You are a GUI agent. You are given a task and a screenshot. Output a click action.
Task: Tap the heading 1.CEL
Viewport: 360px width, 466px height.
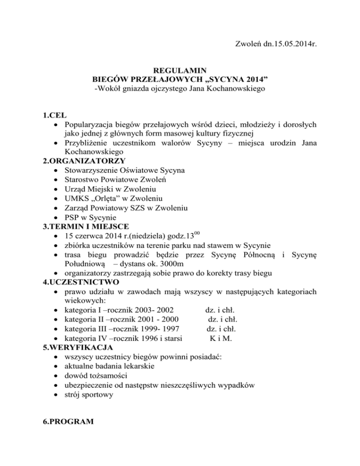[55, 115]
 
